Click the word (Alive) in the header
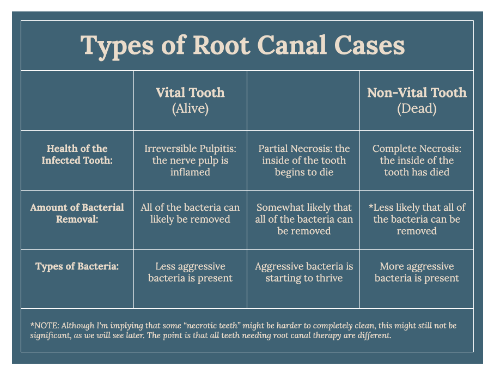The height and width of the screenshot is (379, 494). pos(190,108)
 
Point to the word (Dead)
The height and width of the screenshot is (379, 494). pos(417,108)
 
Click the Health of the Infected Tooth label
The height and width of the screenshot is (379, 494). pos(77,154)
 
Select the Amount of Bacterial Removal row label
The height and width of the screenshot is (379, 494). pos(77,213)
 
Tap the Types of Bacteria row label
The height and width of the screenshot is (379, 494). pos(77,266)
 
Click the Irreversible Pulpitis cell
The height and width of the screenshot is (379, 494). pos(190,160)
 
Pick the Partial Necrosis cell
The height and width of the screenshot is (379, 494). pos(304,160)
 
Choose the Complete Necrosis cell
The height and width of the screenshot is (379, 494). pos(417,160)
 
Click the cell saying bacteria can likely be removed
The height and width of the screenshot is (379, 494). pos(190,213)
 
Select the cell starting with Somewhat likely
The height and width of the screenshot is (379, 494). pos(304,219)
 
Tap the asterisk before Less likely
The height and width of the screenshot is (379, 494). pos(371,206)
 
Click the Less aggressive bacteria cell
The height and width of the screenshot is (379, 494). pos(190,272)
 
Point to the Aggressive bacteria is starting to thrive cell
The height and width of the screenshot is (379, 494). pos(304,272)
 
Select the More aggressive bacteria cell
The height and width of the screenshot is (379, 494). pos(417,272)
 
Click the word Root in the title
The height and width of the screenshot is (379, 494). pos(222,45)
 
